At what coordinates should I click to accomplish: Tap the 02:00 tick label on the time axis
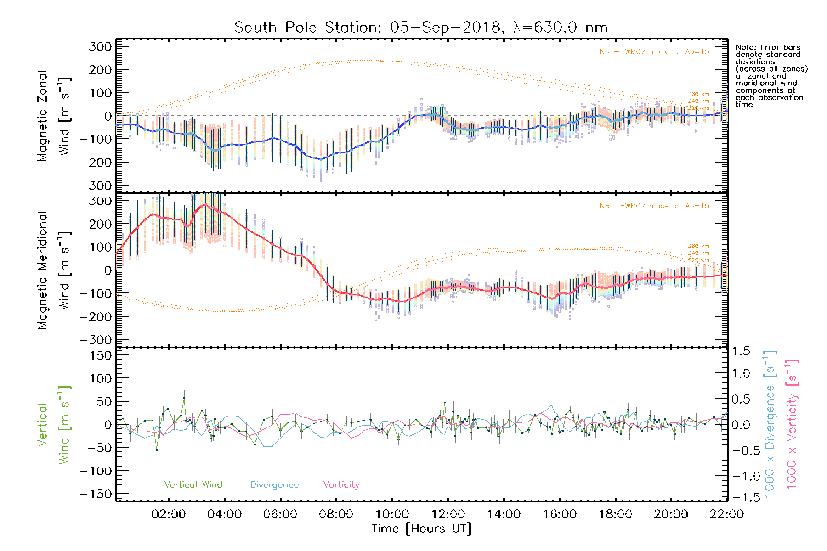pos(169,514)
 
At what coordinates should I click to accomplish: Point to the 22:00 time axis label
pos(726,514)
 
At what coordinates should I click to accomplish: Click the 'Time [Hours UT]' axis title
pos(421,529)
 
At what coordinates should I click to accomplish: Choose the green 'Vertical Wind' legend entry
pos(193,485)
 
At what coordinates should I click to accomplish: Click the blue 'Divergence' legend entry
pos(274,485)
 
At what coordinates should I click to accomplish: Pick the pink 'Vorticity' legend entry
pos(341,485)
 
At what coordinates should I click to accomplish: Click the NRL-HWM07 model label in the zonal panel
pos(654,52)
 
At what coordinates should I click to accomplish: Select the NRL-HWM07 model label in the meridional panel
pos(654,206)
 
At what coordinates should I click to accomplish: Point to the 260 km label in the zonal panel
pos(698,94)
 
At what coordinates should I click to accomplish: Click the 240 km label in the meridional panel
pos(698,253)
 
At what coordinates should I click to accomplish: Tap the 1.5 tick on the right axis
pos(741,351)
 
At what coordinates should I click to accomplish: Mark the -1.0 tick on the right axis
pos(741,476)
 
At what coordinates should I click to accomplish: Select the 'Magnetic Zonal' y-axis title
pos(42,116)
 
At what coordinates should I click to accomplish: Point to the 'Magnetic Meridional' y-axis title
pos(42,270)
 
